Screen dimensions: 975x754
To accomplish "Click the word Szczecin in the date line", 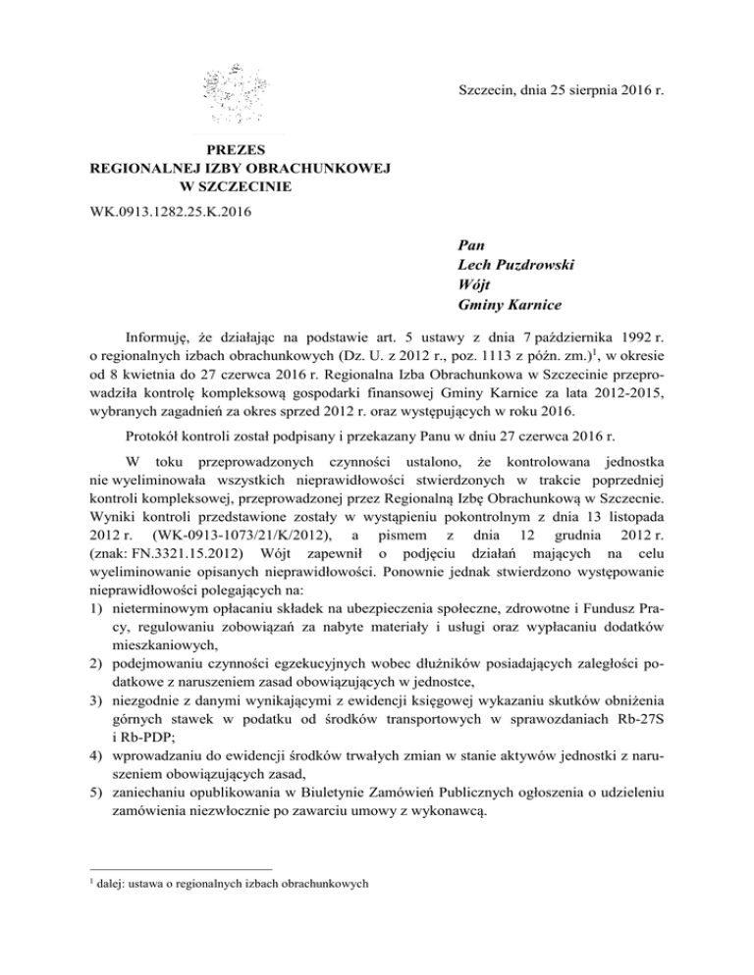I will tap(488, 91).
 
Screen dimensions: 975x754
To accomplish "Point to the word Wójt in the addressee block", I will tap(475, 284).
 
